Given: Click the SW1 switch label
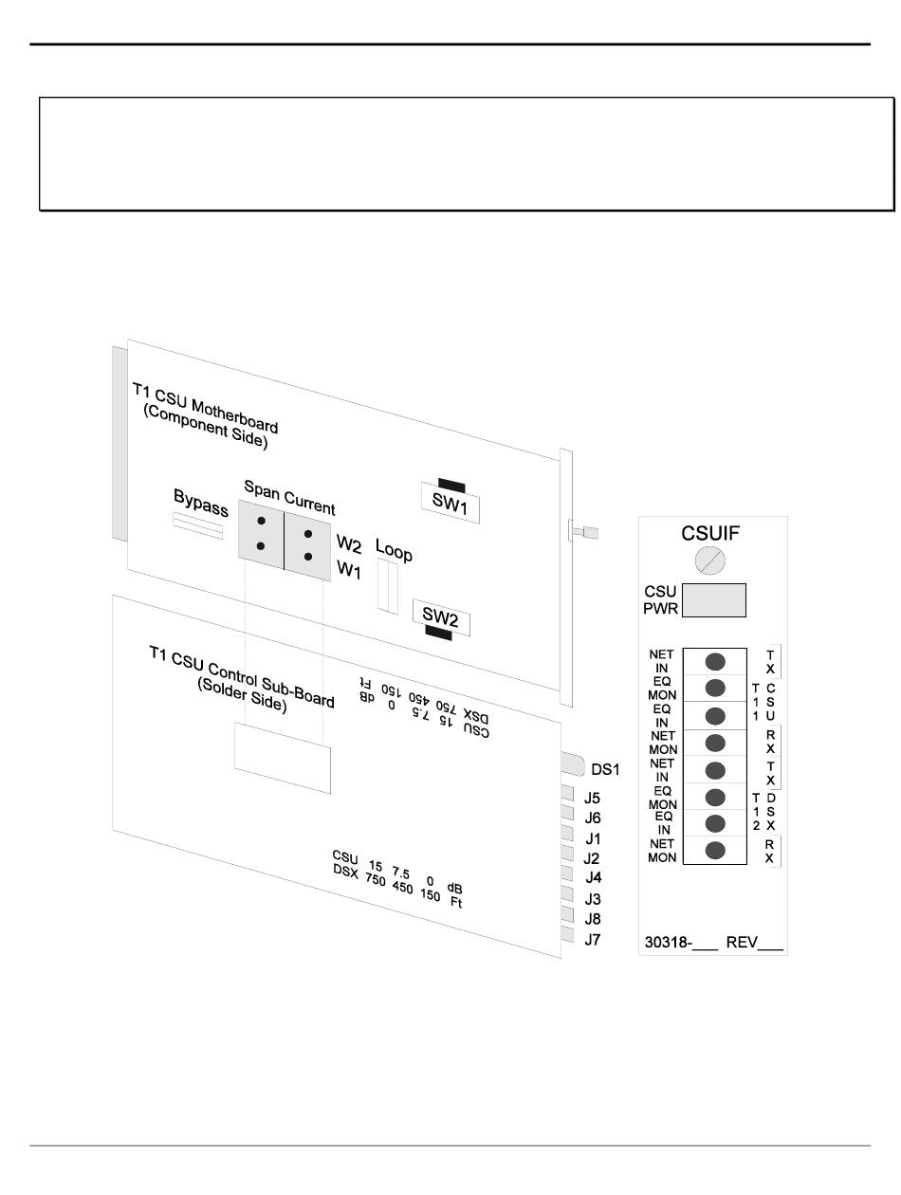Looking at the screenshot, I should [451, 506].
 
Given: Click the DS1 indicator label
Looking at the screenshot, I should [604, 770].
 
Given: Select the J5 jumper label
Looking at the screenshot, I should [592, 799].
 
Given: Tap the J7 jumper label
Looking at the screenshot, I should [592, 940].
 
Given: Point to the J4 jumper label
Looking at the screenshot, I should [592, 879].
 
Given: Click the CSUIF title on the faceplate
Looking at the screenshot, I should [710, 534].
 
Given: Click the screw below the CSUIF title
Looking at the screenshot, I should [709, 562].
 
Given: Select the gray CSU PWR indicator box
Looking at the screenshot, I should [714, 600].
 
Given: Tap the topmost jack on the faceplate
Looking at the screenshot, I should [717, 661].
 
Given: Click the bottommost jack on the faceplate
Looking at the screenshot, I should [717, 850].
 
